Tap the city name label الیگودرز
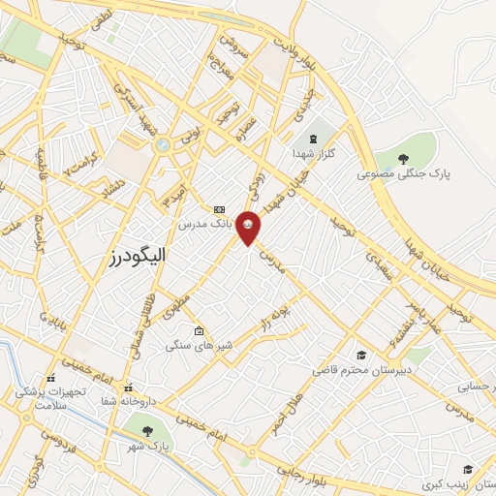coord(133,256)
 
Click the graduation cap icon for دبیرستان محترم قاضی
coord(360,356)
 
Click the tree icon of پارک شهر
coord(147,431)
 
